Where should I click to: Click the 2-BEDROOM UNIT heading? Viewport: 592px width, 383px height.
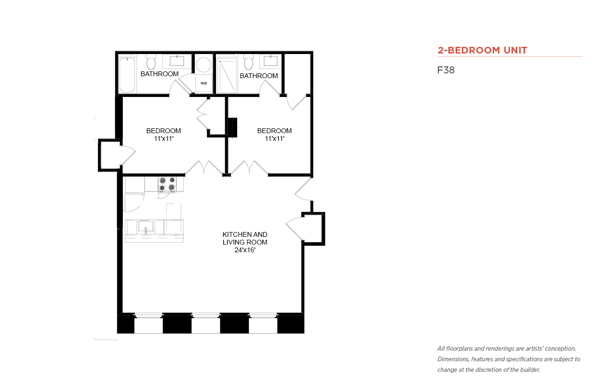click(x=482, y=50)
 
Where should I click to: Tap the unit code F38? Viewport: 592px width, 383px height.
click(x=446, y=70)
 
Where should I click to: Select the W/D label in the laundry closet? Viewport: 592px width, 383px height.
click(x=203, y=83)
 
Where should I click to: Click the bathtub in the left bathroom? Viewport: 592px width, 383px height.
click(x=127, y=75)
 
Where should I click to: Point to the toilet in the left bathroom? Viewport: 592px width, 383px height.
click(x=151, y=62)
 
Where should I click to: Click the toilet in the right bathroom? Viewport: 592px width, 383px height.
click(x=248, y=62)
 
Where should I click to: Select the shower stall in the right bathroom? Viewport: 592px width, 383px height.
click(x=227, y=76)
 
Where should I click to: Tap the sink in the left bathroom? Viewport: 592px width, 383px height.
click(x=177, y=61)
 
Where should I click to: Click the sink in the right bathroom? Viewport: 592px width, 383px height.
click(x=270, y=61)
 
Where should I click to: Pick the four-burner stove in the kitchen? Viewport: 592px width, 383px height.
click(x=167, y=184)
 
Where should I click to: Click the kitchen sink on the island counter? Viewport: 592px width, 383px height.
click(x=146, y=227)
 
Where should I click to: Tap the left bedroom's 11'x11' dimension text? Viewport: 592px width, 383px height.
click(x=163, y=138)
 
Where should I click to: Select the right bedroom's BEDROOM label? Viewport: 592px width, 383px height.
click(x=274, y=131)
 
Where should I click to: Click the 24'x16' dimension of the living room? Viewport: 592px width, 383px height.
click(x=245, y=250)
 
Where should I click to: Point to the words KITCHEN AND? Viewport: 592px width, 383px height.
click(x=245, y=234)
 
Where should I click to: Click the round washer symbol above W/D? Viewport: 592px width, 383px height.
click(x=203, y=65)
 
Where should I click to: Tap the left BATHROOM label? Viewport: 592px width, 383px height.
click(x=160, y=74)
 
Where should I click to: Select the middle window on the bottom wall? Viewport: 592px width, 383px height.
click(x=206, y=323)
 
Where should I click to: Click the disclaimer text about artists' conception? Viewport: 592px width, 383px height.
click(x=509, y=359)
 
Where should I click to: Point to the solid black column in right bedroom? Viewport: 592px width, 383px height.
click(x=232, y=127)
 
